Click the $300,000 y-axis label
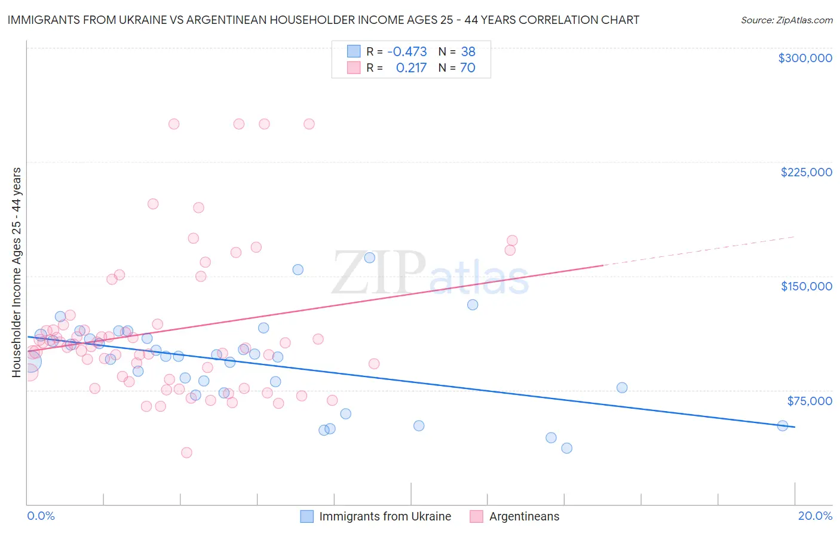point(805,58)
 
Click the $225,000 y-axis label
point(806,172)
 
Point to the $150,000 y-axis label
point(806,286)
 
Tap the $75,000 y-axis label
point(810,401)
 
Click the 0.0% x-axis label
point(41,516)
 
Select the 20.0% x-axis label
point(815,516)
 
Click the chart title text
point(323,20)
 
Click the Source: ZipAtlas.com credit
point(786,20)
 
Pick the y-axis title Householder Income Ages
point(16,272)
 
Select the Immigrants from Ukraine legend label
point(385,516)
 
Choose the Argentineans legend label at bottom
point(524,516)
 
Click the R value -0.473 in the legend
point(407,51)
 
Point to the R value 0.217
point(411,68)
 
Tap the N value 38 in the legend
point(468,51)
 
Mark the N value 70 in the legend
point(467,68)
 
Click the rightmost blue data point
point(782,426)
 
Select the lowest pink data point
point(186,452)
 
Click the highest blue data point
point(369,258)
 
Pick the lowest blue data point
point(566,448)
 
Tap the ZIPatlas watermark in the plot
point(430,273)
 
